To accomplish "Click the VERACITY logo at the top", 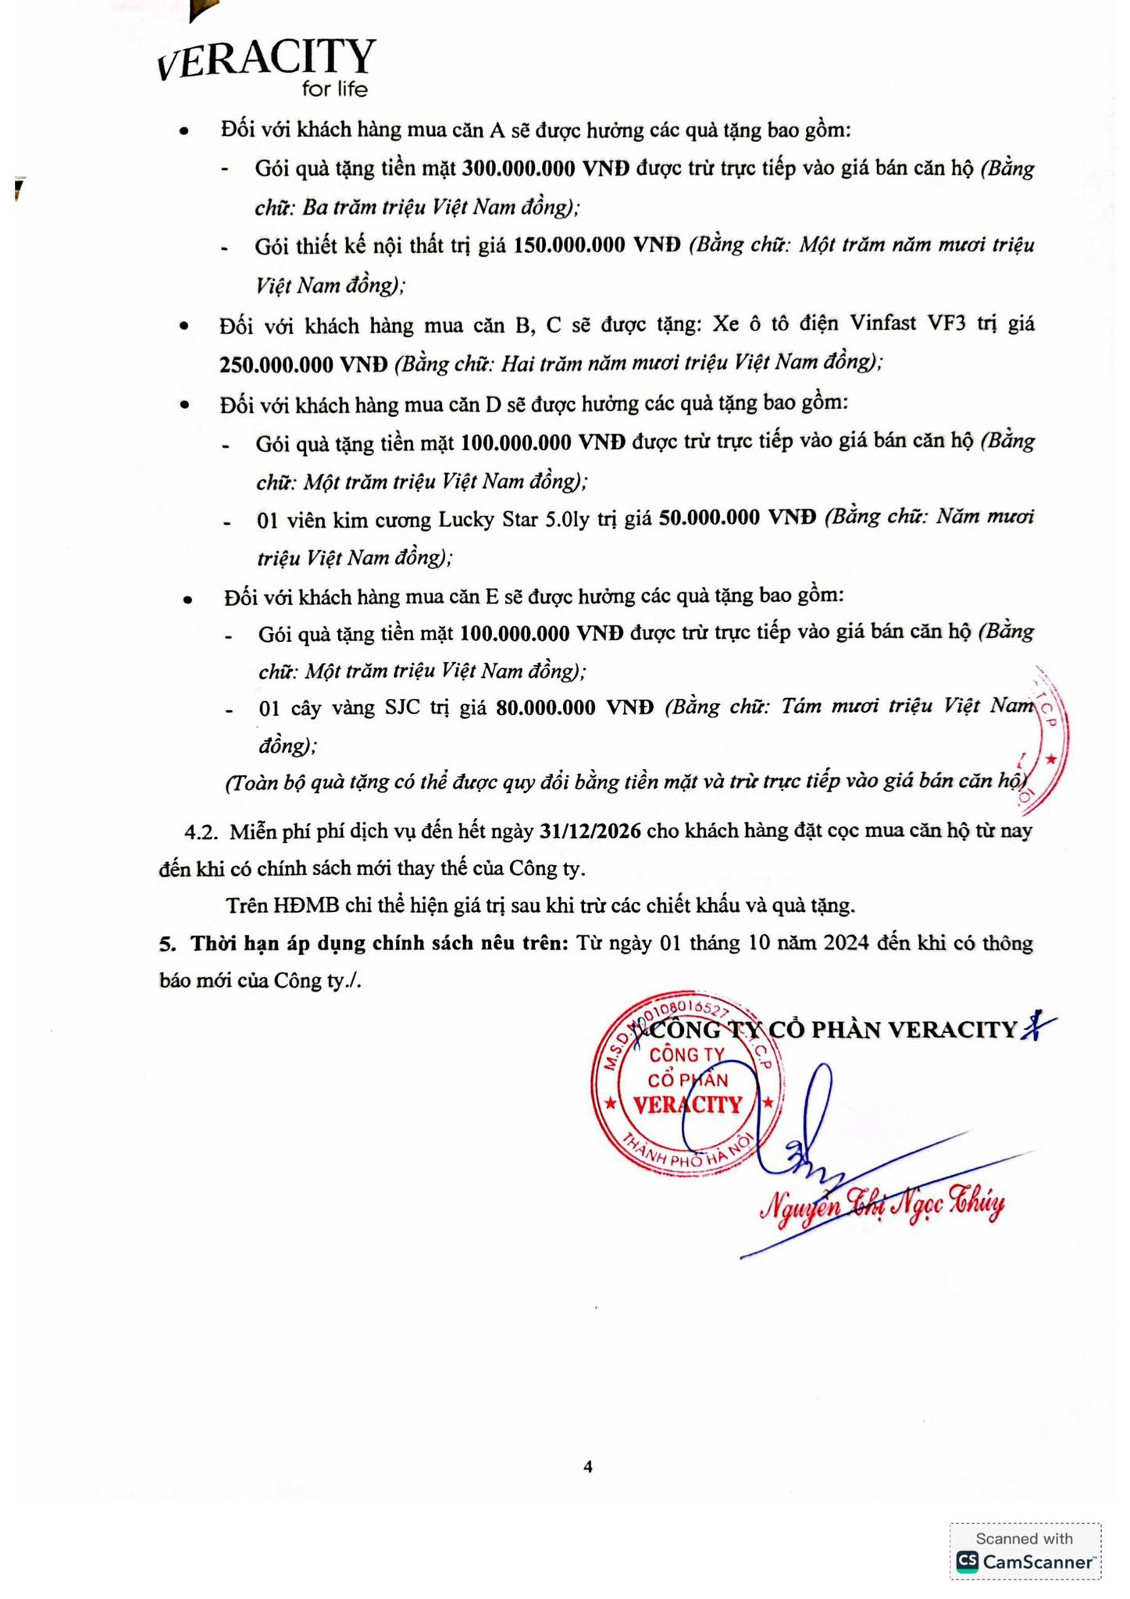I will pyautogui.click(x=266, y=59).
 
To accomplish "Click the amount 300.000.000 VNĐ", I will pyautogui.click(x=545, y=169).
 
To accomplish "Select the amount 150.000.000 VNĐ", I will pyautogui.click(x=597, y=246).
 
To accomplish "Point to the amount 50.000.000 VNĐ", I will pyautogui.click(x=737, y=518).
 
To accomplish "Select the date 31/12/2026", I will pyautogui.click(x=590, y=831).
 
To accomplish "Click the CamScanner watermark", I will pyautogui.click(x=1025, y=1551).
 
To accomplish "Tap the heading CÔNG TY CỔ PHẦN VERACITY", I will pyautogui.click(x=836, y=1031).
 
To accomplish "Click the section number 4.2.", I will pyautogui.click(x=199, y=832).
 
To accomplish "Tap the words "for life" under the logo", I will pyautogui.click(x=334, y=90).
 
